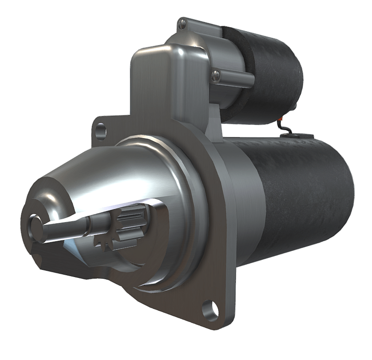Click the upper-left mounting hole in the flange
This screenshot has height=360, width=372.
(101, 131)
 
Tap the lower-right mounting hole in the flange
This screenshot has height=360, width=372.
(212, 309)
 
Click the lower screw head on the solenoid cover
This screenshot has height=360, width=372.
(216, 75)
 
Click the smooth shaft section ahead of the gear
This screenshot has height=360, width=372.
(67, 226)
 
